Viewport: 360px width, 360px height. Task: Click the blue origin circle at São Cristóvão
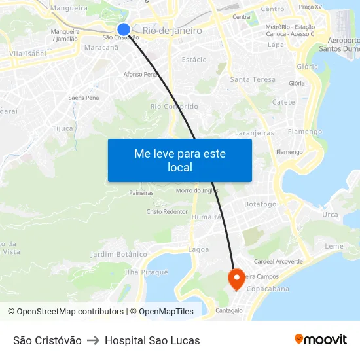click(x=124, y=29)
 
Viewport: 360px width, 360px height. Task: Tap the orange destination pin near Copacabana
click(x=236, y=279)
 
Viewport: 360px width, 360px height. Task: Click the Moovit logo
click(x=320, y=340)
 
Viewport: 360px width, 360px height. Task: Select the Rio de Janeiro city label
click(x=171, y=31)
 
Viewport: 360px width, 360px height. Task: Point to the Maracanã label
click(x=101, y=48)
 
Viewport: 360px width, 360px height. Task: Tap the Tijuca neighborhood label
click(x=63, y=128)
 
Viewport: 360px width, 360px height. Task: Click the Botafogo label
click(x=260, y=204)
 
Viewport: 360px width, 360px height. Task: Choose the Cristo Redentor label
click(x=167, y=212)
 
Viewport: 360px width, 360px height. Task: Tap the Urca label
click(x=330, y=215)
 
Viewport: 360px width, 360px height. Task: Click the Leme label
click(x=334, y=246)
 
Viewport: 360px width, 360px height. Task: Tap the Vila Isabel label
click(x=27, y=54)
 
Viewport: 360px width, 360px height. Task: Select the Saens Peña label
click(x=83, y=98)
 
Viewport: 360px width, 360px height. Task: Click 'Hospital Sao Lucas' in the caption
click(x=152, y=340)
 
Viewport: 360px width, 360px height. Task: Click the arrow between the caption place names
click(x=93, y=340)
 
